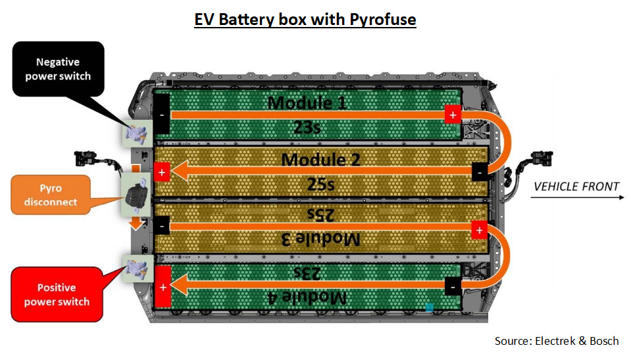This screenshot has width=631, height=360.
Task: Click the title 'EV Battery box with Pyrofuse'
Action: (x=305, y=20)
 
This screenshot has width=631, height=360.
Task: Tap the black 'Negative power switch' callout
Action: (x=58, y=69)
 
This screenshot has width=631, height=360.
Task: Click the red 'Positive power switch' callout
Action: (x=57, y=295)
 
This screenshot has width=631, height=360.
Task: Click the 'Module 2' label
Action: (x=320, y=160)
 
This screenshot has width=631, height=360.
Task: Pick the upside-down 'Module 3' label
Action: (x=320, y=239)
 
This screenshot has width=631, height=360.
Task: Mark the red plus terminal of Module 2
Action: (x=162, y=173)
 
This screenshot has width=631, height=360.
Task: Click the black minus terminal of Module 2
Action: (x=480, y=172)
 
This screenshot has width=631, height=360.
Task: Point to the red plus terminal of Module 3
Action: (x=480, y=230)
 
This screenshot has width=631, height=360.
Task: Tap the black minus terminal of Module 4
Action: (x=452, y=286)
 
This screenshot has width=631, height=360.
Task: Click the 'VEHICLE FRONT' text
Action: (x=576, y=186)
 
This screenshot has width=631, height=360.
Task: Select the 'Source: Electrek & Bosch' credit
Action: (x=557, y=341)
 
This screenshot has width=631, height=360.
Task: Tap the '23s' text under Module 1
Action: (x=308, y=126)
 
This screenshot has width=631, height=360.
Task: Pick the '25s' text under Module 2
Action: (x=320, y=184)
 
